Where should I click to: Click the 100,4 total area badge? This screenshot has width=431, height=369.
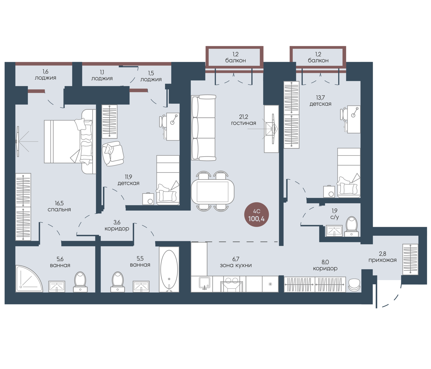(256, 215)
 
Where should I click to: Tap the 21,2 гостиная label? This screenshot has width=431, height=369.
(243, 120)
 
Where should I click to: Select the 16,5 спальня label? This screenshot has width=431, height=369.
(59, 206)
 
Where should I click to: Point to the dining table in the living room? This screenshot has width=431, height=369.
(213, 192)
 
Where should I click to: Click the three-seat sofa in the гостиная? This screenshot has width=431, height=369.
(203, 128)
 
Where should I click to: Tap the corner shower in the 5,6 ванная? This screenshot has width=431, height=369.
(29, 279)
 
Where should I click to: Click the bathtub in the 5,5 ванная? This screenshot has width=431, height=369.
(169, 270)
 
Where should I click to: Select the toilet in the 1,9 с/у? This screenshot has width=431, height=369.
(351, 226)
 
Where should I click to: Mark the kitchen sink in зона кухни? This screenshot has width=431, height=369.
(204, 284)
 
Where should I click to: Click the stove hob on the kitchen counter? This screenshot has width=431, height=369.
(232, 284)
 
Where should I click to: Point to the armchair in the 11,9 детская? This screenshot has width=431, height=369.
(113, 153)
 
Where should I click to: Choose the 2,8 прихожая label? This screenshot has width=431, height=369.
(382, 257)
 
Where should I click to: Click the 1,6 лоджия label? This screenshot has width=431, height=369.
(45, 75)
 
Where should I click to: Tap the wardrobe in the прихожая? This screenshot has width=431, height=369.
(410, 259)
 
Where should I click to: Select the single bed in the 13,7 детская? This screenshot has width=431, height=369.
(349, 173)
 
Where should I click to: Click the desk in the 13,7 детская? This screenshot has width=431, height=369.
(354, 119)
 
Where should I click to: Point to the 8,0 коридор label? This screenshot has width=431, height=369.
(325, 265)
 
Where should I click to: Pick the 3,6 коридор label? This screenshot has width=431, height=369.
(117, 225)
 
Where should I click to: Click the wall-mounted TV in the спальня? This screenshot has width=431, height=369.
(17, 141)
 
